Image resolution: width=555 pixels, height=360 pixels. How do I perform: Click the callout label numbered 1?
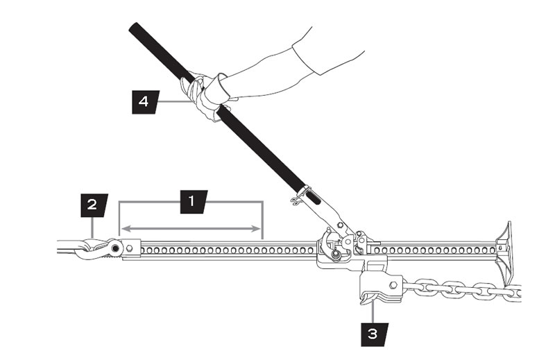click(x=191, y=202)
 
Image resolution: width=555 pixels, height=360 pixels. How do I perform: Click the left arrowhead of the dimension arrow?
click(x=124, y=228)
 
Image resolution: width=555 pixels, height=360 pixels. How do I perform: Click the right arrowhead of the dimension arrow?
click(x=259, y=228)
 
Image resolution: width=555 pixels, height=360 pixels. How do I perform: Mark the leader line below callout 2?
click(x=92, y=225)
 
